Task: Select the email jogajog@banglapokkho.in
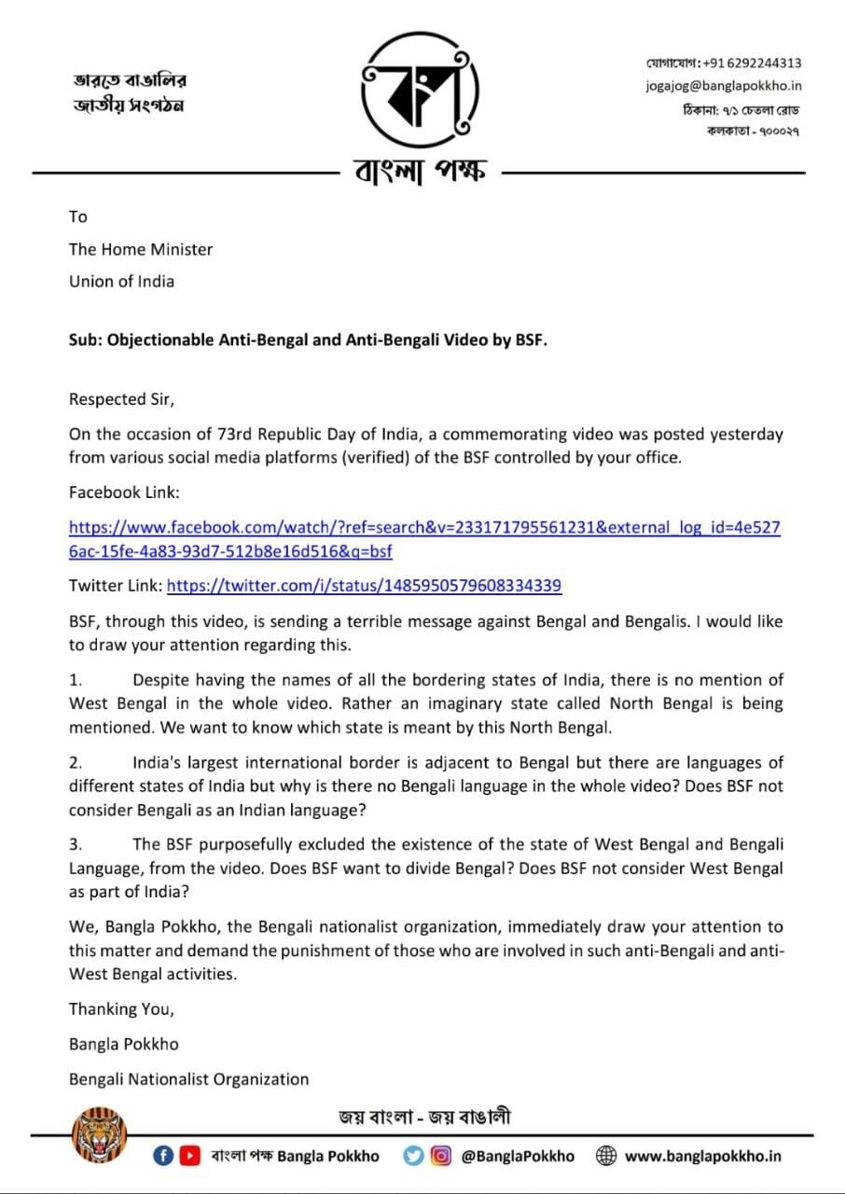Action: [724, 86]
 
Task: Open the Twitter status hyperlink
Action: [364, 586]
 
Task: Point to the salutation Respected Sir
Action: [121, 399]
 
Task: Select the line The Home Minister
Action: [141, 249]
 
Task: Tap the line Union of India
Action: [121, 281]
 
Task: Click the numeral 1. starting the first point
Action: [76, 680]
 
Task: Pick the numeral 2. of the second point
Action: [76, 762]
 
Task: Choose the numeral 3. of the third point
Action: [76, 844]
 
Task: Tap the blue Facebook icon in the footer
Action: [163, 1156]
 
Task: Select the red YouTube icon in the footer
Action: [190, 1156]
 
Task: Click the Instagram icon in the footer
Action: [440, 1156]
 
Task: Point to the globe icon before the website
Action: [606, 1156]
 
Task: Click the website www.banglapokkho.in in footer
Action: [702, 1156]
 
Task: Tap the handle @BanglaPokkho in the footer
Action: [518, 1156]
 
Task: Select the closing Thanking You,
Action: [121, 1008]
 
